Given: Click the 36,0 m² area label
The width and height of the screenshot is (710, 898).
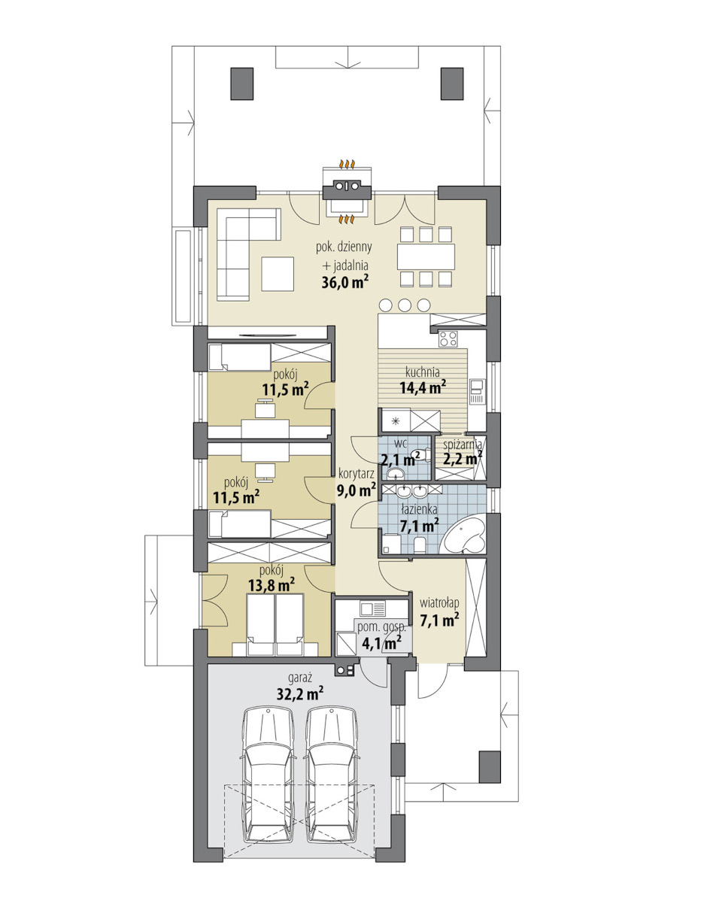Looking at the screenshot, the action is [x=344, y=281].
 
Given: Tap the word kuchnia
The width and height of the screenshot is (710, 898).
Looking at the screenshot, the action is [x=423, y=372].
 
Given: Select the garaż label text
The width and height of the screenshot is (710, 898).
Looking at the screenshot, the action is [x=300, y=678].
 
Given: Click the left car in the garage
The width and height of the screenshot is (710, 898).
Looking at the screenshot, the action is [x=269, y=775].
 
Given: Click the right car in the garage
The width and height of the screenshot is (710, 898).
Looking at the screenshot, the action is [x=331, y=775].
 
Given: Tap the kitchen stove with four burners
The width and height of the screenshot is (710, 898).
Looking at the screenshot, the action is [x=448, y=339].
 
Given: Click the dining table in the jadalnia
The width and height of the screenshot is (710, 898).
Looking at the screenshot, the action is [x=426, y=256].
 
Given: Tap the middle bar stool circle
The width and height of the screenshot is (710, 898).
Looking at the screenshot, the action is [x=405, y=305].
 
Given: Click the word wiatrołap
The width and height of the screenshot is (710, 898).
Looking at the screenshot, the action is [x=439, y=603].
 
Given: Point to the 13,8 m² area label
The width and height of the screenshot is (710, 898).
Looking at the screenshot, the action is [x=272, y=584].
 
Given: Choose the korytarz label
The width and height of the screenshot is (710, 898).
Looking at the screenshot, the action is [x=357, y=474].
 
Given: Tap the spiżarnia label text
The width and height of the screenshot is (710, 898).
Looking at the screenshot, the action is [x=463, y=444].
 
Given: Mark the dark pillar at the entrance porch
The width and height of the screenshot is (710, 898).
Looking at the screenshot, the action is [x=490, y=767].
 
